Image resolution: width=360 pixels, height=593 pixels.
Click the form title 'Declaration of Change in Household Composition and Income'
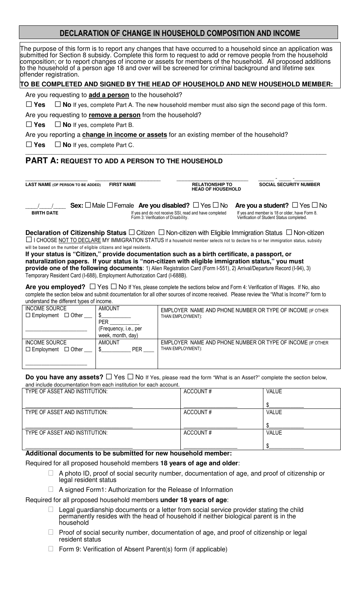180,33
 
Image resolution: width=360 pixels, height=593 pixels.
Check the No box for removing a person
58,124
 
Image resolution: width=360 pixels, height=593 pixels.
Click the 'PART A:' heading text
42,161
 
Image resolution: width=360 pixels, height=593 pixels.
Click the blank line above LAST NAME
56,179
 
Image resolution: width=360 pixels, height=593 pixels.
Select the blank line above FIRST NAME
128,179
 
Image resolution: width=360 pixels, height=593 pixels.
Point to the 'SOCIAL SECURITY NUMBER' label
289,185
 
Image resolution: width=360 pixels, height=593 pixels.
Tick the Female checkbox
110,205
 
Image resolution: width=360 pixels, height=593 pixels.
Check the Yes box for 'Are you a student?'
295,205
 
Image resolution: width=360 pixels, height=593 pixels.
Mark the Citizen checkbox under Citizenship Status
132,233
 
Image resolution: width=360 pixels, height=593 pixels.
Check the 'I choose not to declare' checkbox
29,240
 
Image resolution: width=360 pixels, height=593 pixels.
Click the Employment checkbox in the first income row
28,316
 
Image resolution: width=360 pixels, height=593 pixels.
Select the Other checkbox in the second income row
67,350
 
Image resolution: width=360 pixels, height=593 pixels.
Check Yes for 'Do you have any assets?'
109,377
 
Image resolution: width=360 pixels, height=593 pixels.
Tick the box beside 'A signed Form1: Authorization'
51,490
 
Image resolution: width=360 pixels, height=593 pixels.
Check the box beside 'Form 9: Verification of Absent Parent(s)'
51,549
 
